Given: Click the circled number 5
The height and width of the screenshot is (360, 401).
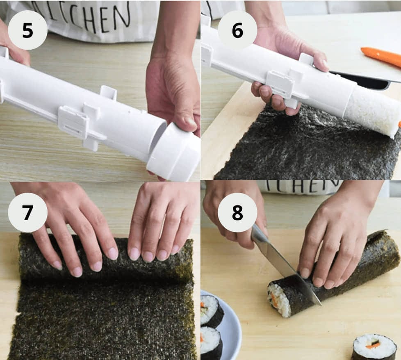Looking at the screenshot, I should pyautogui.click(x=27, y=30).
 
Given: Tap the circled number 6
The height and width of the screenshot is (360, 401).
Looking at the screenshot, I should pyautogui.click(x=237, y=30).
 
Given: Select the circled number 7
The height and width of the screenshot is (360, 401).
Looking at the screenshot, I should pyautogui.click(x=27, y=212).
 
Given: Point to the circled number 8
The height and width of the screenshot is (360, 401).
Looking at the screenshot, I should pyautogui.click(x=237, y=212).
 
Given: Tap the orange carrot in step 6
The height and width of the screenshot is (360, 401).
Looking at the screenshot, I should pyautogui.click(x=381, y=57).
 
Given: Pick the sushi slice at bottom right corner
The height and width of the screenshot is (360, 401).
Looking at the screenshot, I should pyautogui.click(x=374, y=346).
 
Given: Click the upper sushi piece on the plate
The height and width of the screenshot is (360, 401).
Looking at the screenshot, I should pyautogui.click(x=211, y=310).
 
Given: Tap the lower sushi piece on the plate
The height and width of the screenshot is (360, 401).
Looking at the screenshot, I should pyautogui.click(x=211, y=342).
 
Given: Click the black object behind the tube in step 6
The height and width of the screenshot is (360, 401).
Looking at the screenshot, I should pyautogui.click(x=361, y=80).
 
